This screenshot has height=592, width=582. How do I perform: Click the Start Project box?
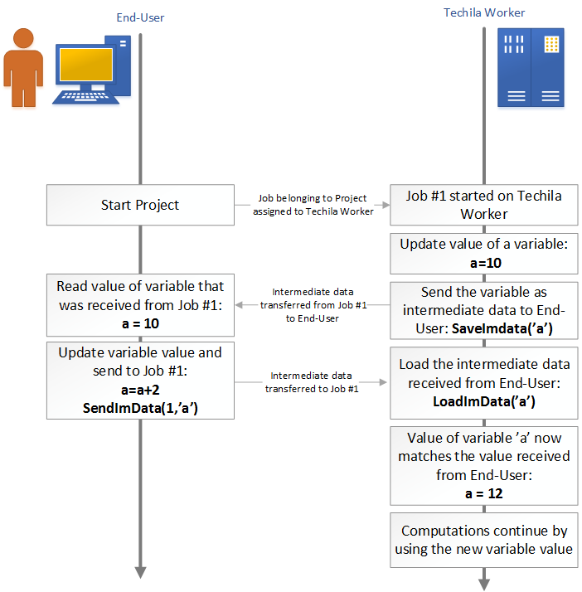pos(139,205)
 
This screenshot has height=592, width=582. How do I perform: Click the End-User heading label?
pos(139,17)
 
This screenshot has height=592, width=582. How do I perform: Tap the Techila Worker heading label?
pos(484,12)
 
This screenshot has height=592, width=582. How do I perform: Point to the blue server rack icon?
pos(530,67)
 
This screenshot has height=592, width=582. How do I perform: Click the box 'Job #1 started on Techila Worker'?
pos(483,205)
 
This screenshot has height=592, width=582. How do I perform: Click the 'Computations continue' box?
pos(483,540)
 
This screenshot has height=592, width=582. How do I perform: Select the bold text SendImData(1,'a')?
pos(139,408)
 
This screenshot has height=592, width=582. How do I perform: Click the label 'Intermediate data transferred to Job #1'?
pos(312,382)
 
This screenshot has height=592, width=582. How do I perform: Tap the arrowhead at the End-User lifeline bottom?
pos(140,571)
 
